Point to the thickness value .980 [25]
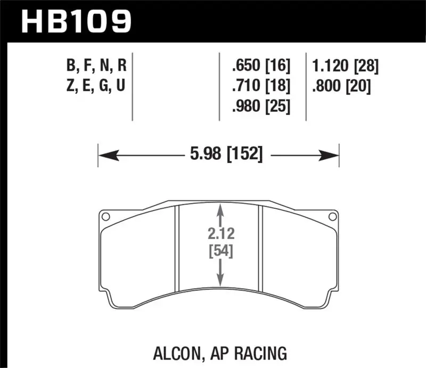tap(260, 107)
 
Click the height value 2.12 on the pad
tap(219, 232)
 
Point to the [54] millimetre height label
tap(219, 249)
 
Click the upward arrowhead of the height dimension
tap(219, 211)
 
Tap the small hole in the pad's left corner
tap(105, 217)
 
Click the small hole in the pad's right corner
tap(333, 217)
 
